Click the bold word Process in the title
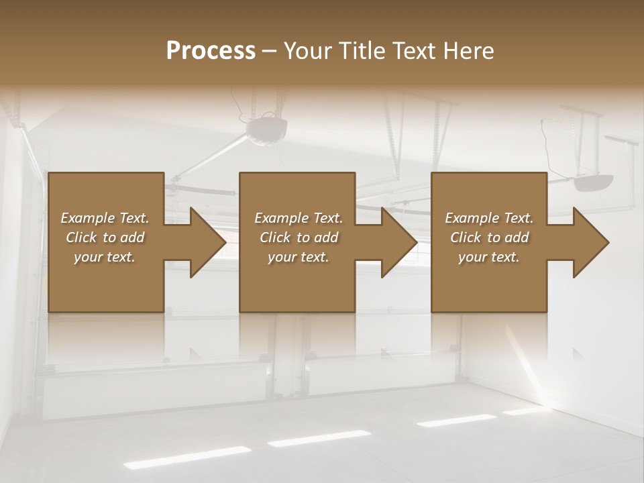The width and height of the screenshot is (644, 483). point(211,51)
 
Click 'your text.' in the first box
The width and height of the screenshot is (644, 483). point(105,257)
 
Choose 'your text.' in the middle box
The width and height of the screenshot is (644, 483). point(299,257)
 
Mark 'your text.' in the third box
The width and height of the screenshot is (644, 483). point(489,257)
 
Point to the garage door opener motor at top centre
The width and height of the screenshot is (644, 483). point(266,129)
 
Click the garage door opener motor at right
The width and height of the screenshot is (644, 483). point(594,182)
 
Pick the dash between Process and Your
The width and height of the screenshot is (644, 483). point(269,51)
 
